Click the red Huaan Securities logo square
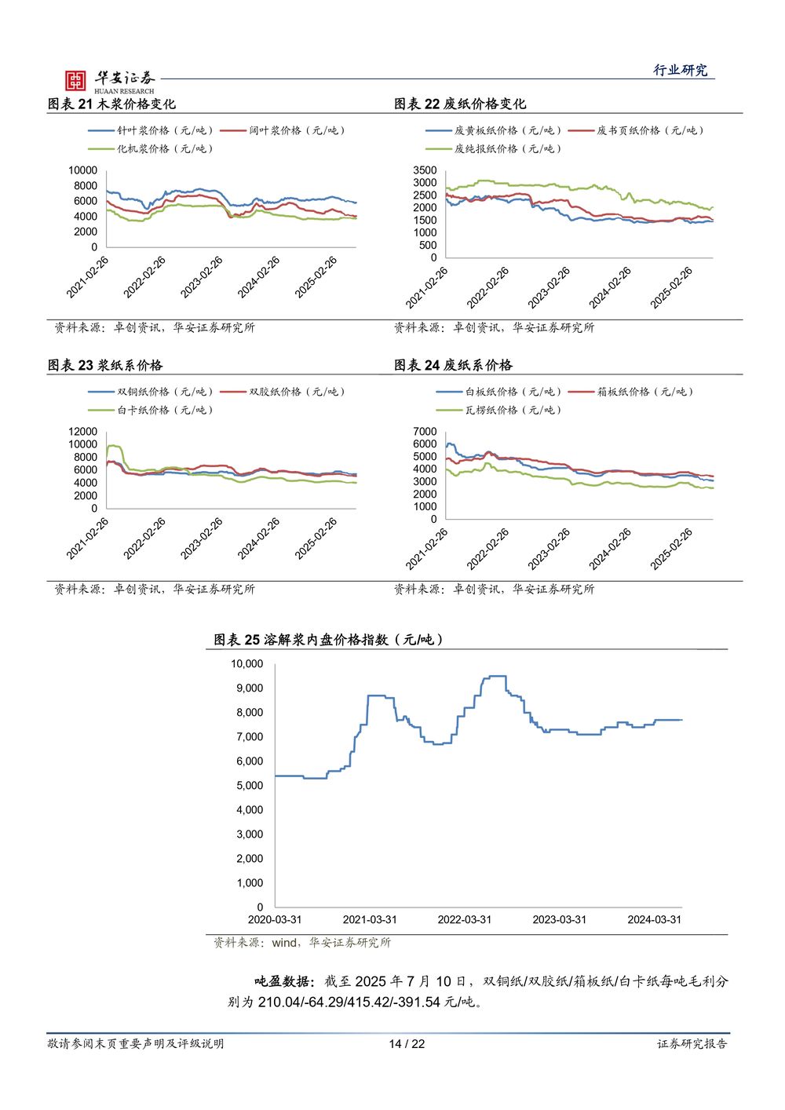[x=75, y=80]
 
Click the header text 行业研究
[x=680, y=71]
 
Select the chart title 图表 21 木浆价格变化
[x=111, y=104]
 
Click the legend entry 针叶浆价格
[x=151, y=130]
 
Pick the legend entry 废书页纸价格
[x=636, y=130]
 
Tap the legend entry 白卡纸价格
[x=151, y=410]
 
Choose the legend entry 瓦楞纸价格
[x=498, y=410]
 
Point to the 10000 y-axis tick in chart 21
[x=82, y=170]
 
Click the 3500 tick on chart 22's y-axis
[x=425, y=170]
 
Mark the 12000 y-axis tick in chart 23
[x=82, y=432]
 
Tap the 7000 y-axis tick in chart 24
[x=425, y=432]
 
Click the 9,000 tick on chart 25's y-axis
[x=250, y=688]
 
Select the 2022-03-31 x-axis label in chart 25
[x=465, y=920]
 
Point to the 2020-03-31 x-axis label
[x=275, y=920]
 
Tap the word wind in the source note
[x=284, y=943]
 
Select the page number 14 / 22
[x=407, y=1044]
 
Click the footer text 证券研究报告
[x=692, y=1044]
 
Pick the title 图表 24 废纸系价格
[x=454, y=366]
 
